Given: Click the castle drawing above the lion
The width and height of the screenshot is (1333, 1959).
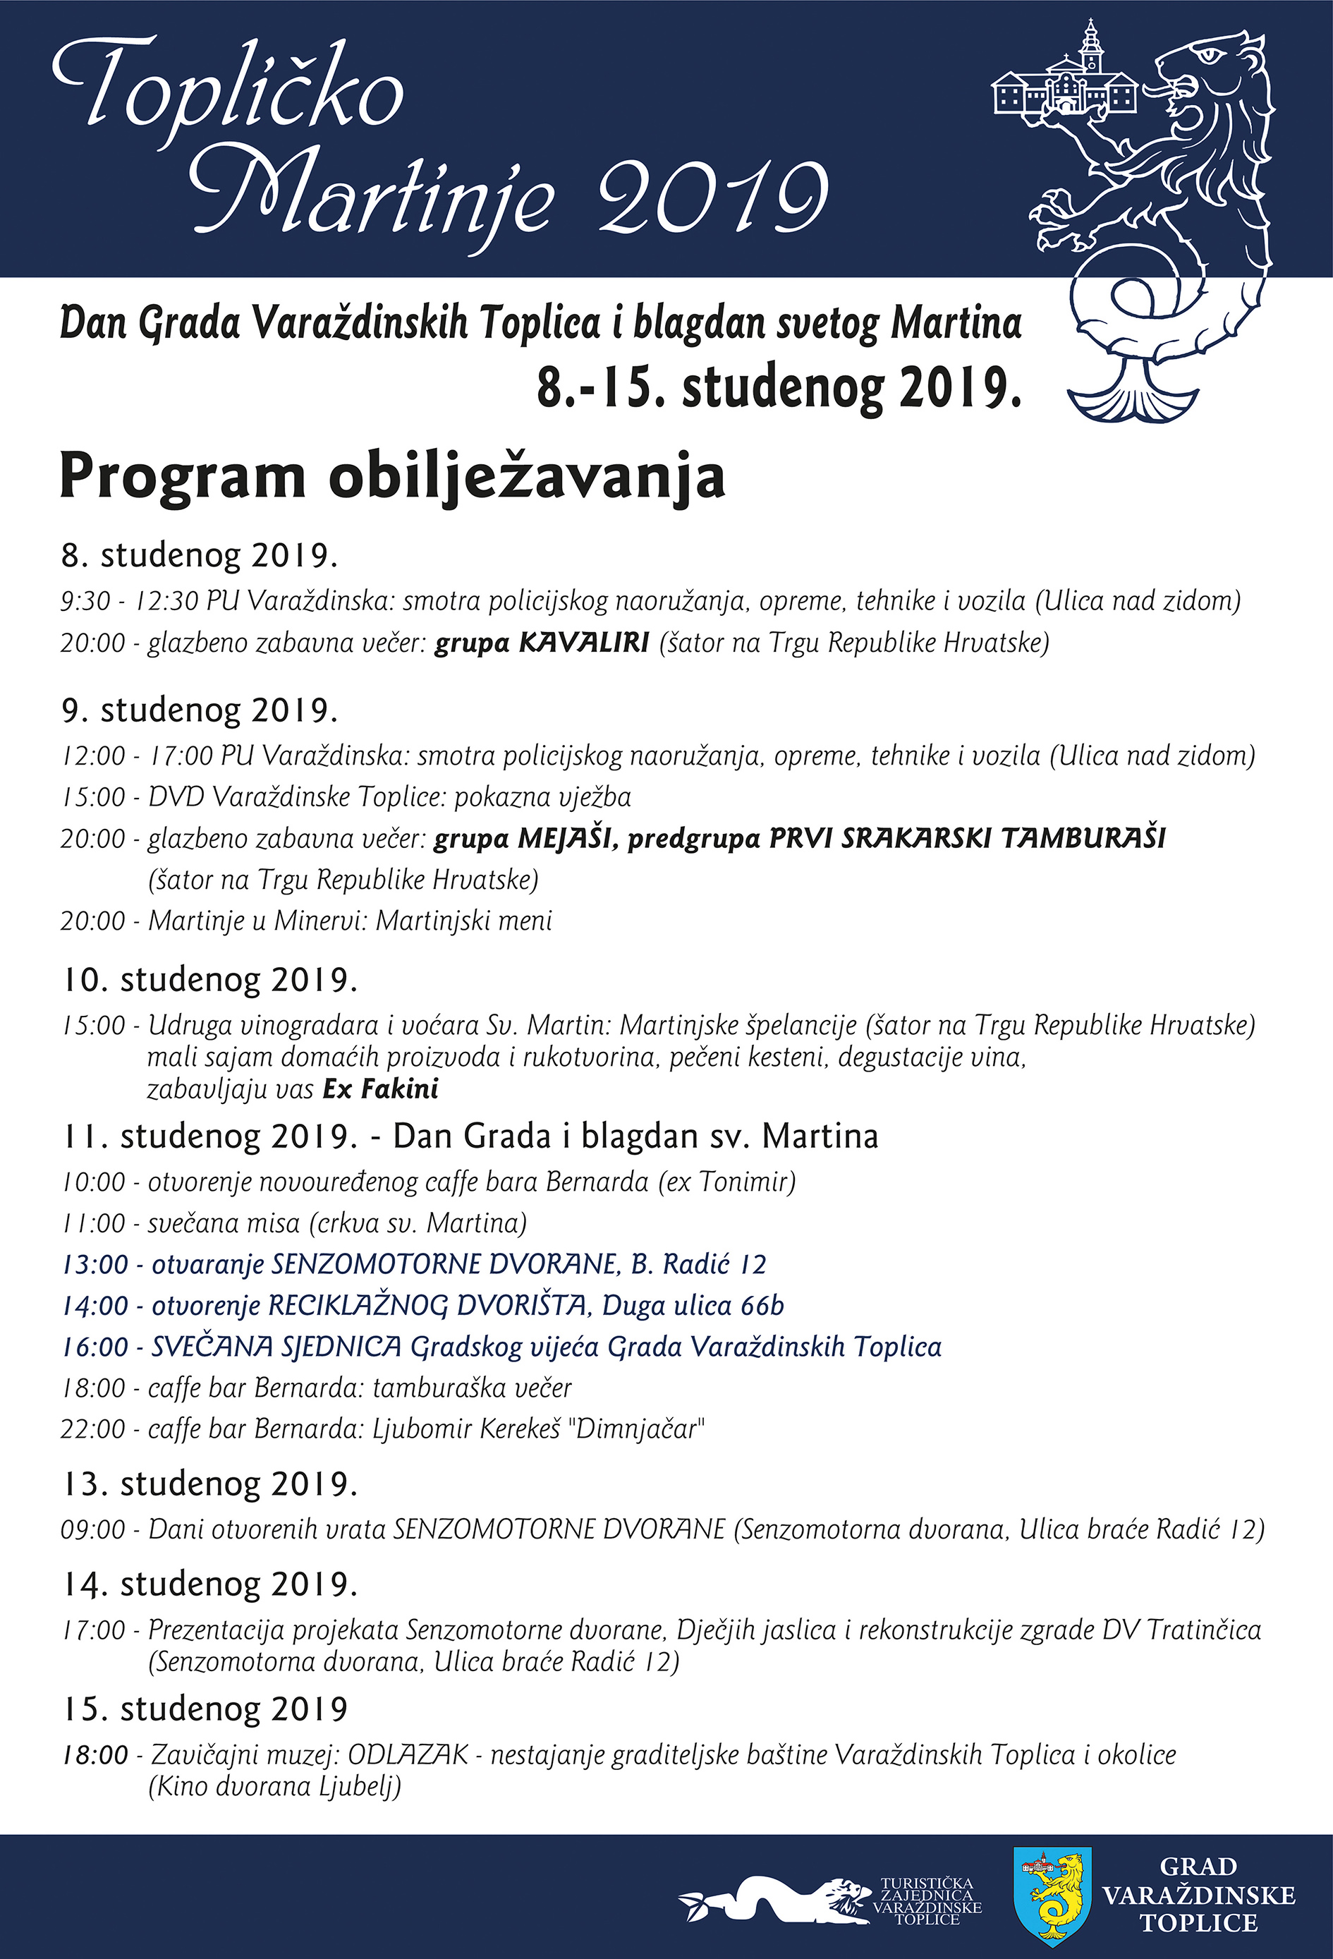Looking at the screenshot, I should click(1064, 81).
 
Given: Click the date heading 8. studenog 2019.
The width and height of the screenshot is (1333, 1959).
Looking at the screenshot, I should click(199, 555).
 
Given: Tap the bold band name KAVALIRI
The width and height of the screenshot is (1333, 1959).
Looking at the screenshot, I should click(583, 643).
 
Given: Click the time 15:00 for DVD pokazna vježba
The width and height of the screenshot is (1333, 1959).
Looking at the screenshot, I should click(92, 796).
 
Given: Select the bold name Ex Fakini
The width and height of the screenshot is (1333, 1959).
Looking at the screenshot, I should click(380, 1089).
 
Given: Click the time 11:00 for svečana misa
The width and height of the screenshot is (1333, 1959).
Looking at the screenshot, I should click(92, 1223).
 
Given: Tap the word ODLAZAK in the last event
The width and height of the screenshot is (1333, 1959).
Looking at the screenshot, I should click(408, 1755).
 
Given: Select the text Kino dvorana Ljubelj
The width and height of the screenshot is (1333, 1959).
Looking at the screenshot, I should click(274, 1786).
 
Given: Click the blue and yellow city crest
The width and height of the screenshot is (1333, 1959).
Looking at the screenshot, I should click(1052, 1894).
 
